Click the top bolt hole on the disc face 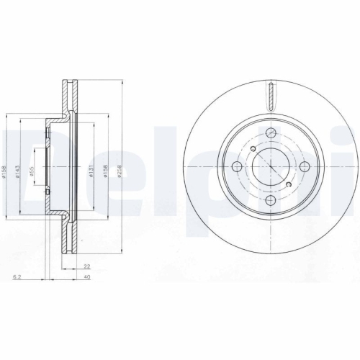click(x=271, y=135)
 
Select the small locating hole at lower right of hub click(x=289, y=186)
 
